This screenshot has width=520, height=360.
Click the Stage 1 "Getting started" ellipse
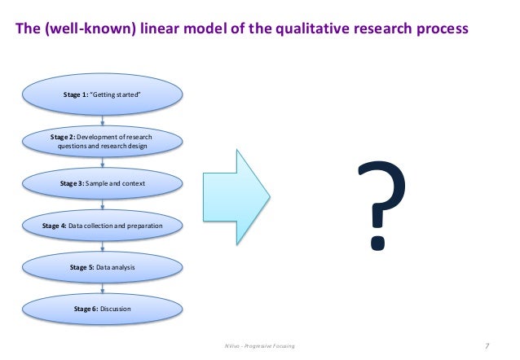pyautogui.click(x=102, y=95)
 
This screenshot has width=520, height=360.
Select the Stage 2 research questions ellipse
pyautogui.click(x=102, y=140)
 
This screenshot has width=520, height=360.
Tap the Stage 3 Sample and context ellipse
pyautogui.click(x=102, y=183)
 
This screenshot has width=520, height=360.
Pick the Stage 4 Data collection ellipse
pyautogui.click(x=102, y=225)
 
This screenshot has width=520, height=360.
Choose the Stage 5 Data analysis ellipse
pyautogui.click(x=102, y=266)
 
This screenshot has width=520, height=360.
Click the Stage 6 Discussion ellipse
pyautogui.click(x=102, y=309)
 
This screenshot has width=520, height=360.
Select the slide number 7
pyautogui.click(x=487, y=346)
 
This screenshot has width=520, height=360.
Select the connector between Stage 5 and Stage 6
pyautogui.click(x=102, y=288)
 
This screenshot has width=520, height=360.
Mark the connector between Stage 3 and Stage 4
pyautogui.click(x=102, y=204)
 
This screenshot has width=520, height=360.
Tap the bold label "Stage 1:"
pyautogui.click(x=77, y=95)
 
